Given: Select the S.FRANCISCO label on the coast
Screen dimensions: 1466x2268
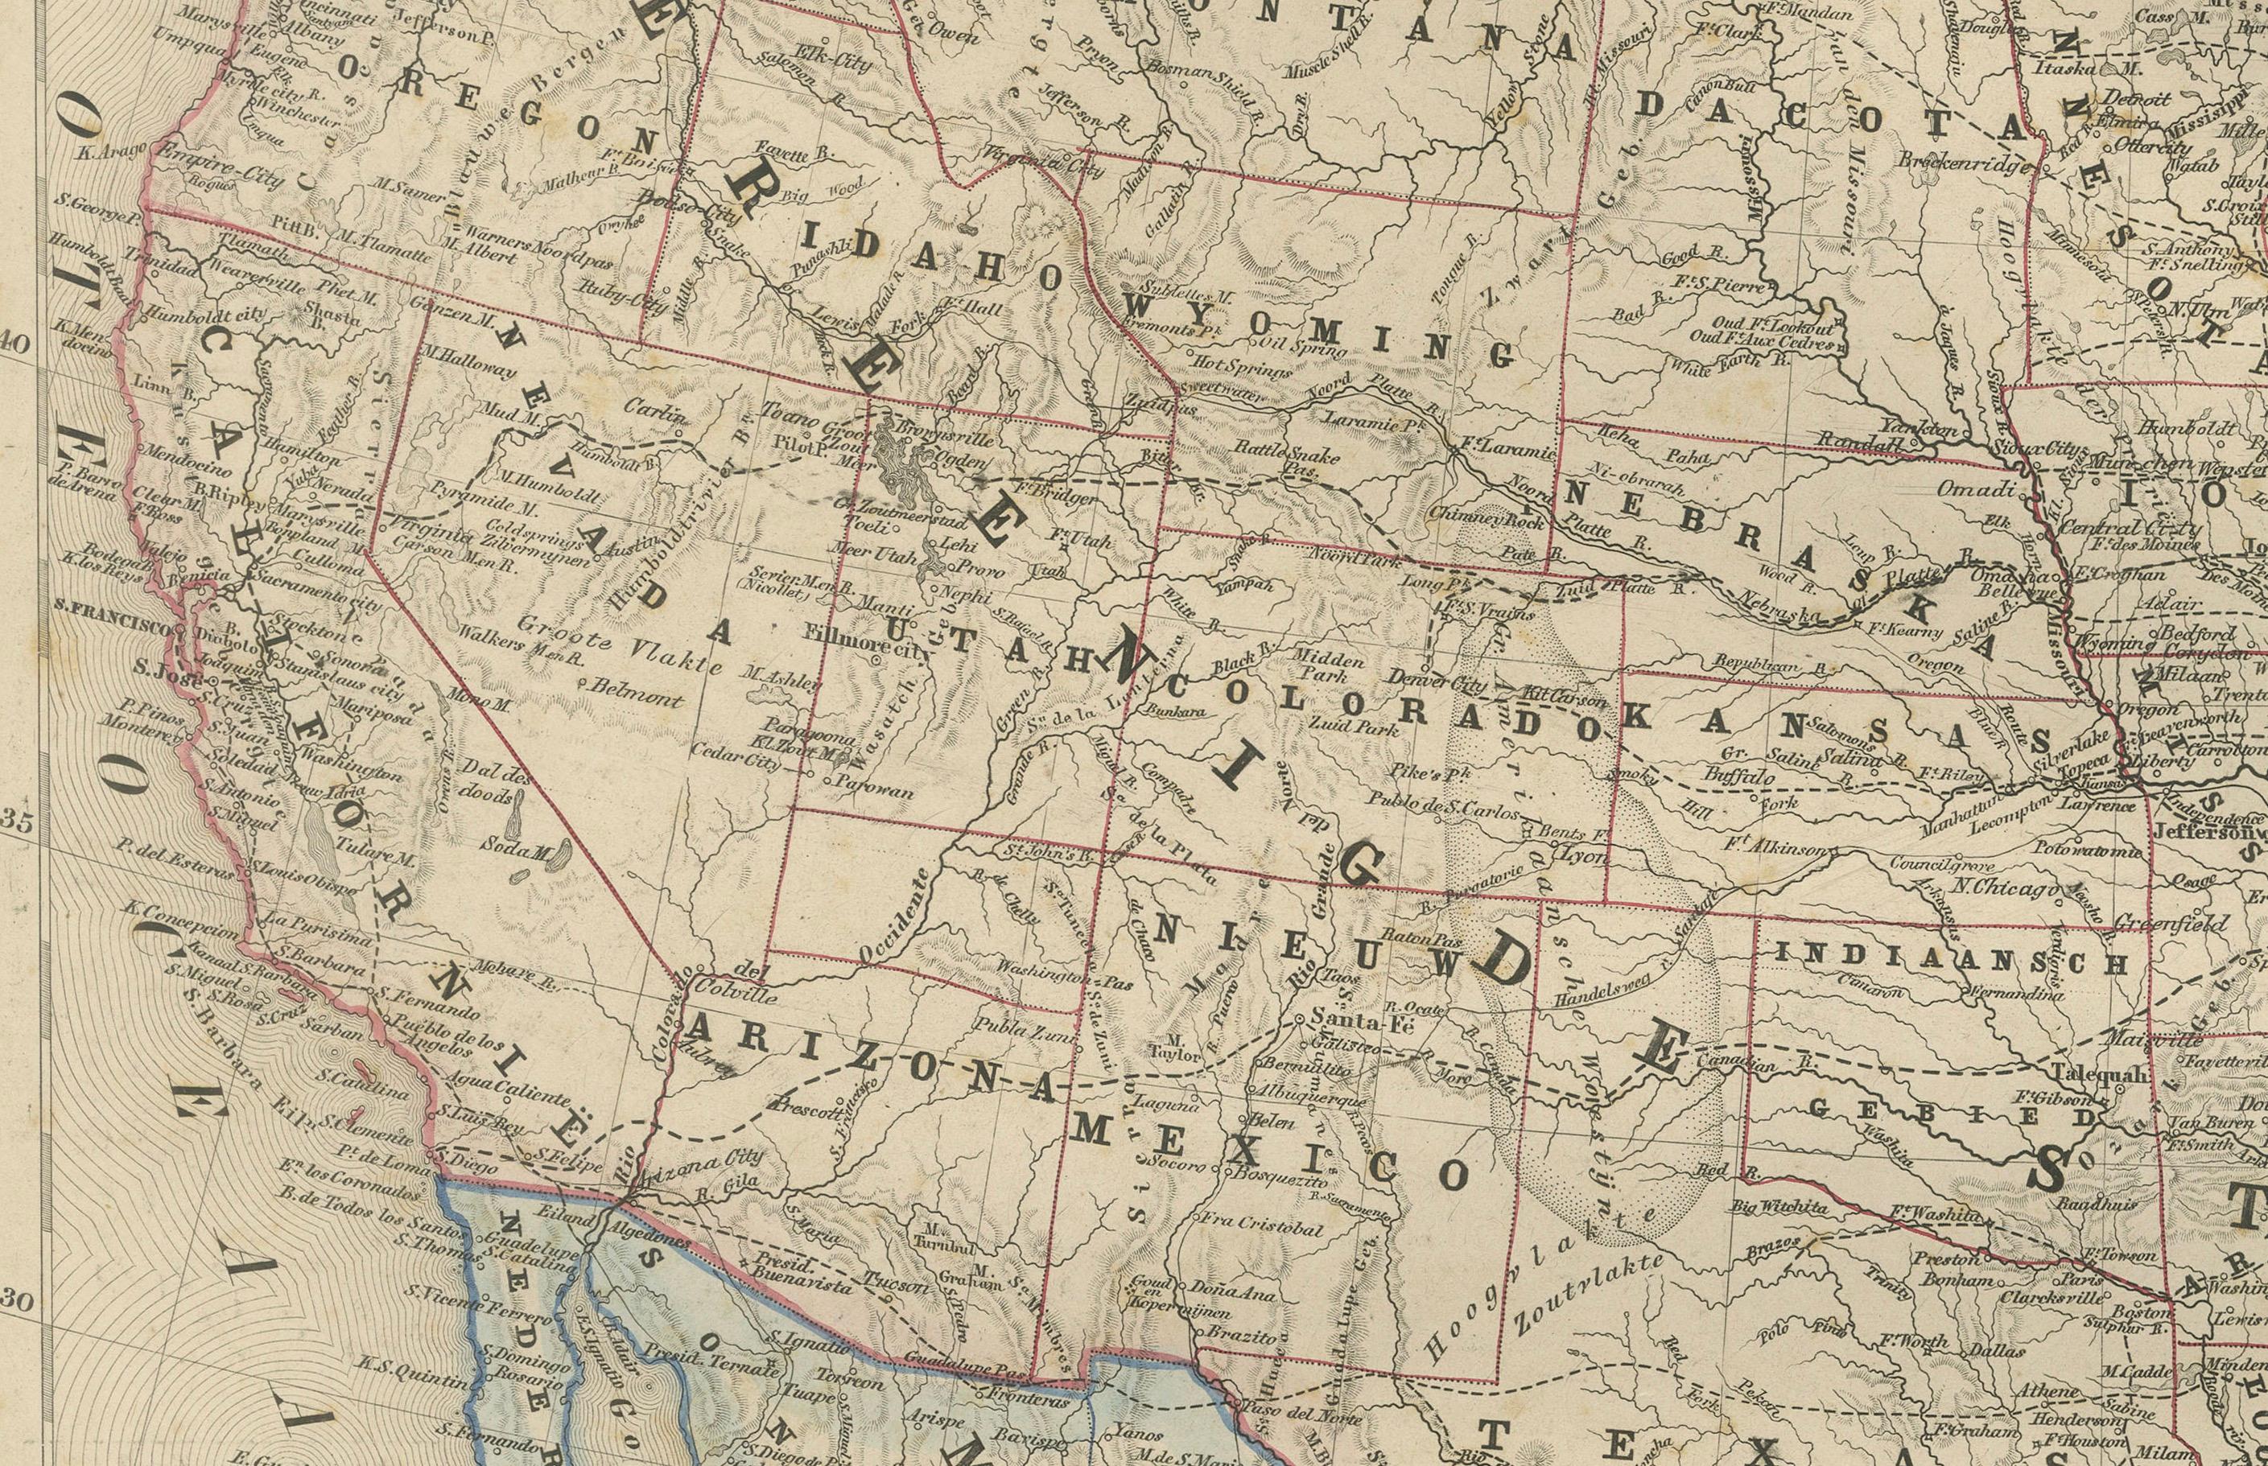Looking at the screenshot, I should click(113, 631).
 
